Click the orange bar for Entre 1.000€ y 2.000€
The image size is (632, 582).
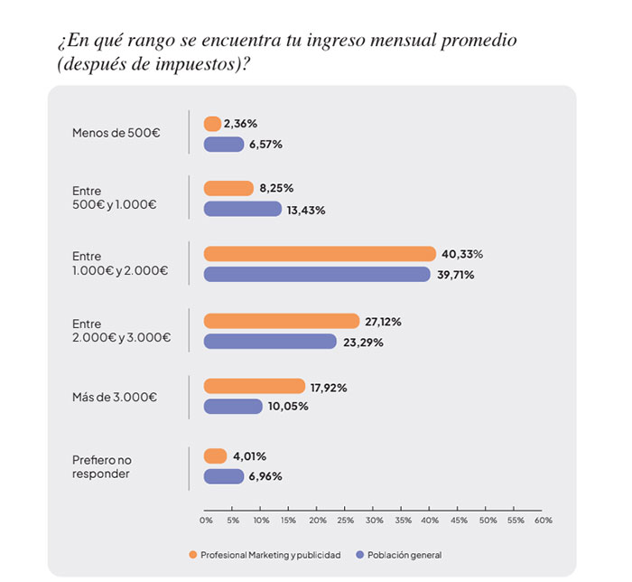point(320,254)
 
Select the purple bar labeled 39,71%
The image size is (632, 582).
point(317,275)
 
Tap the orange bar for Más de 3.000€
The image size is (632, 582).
point(255,386)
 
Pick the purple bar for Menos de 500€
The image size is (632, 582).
point(224,144)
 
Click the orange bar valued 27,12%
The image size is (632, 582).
point(282,321)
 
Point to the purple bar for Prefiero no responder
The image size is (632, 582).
point(224,476)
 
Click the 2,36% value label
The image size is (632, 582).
point(241,123)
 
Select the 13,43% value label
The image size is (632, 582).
point(306,210)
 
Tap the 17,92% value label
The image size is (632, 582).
point(329,387)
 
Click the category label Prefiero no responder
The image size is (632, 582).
point(102,466)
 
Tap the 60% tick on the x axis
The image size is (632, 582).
point(543,521)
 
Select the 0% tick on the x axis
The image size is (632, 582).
point(206,521)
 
